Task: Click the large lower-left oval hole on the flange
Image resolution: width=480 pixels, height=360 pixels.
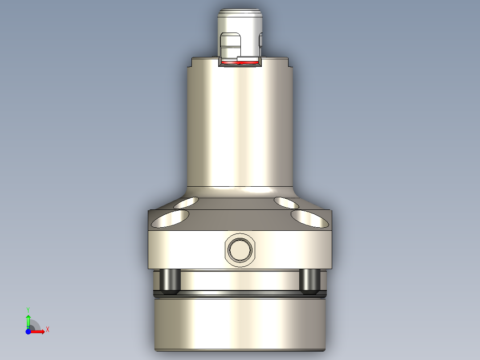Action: click(170, 219)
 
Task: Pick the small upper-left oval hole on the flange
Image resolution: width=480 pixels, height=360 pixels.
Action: click(187, 203)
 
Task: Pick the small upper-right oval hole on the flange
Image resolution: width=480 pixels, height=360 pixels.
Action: click(287, 203)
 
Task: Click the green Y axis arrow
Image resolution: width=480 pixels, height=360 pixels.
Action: click(28, 320)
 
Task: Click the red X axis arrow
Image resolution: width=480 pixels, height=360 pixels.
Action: click(38, 331)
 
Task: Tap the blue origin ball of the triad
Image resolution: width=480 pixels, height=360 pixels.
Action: click(28, 331)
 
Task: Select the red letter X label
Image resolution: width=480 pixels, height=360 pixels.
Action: click(47, 330)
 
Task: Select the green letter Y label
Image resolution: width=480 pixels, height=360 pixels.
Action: click(28, 309)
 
